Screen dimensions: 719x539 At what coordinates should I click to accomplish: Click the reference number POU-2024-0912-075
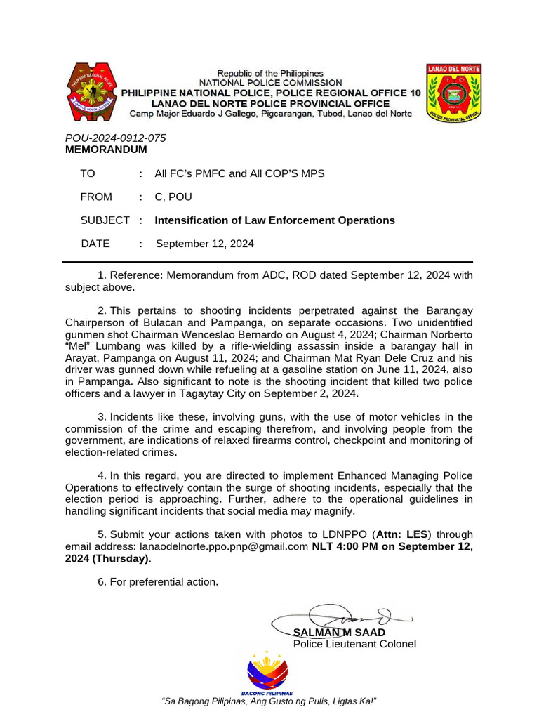(116, 138)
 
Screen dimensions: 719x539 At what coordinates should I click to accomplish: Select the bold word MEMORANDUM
(106, 150)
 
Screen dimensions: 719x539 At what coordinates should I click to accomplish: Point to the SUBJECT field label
(105, 220)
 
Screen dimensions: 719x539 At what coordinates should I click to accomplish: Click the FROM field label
(96, 197)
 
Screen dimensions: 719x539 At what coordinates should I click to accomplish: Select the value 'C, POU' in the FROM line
(173, 197)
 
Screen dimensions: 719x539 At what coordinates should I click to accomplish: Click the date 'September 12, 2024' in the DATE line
(204, 244)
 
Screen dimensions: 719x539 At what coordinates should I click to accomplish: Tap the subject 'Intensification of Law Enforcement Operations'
(274, 220)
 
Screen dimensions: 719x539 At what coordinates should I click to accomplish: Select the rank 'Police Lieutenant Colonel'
(354, 645)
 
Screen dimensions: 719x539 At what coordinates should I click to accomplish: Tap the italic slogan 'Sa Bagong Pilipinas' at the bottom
(269, 701)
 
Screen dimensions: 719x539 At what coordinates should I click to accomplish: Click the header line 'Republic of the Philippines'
(270, 73)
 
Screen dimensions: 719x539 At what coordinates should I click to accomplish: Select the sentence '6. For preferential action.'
(158, 582)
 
